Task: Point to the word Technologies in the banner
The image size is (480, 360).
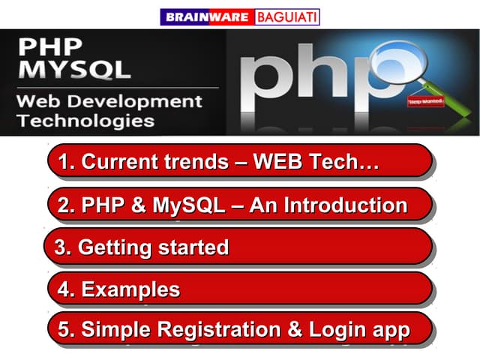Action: pyautogui.click(x=85, y=120)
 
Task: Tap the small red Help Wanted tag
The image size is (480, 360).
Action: pyautogui.click(x=425, y=100)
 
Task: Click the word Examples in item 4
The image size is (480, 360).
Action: pyautogui.click(x=130, y=289)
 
